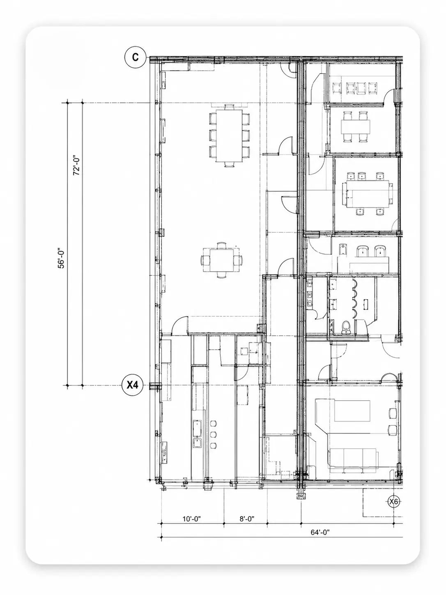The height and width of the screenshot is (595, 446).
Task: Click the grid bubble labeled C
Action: point(135,57)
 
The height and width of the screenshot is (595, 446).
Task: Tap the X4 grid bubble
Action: point(132,385)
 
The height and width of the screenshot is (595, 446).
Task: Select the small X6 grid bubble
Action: point(393,502)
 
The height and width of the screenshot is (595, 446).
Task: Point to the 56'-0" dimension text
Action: point(61,258)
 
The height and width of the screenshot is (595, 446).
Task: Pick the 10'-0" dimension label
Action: point(192,519)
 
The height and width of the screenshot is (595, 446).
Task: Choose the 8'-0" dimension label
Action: point(247,519)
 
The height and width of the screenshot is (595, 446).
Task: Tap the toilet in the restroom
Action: point(345,327)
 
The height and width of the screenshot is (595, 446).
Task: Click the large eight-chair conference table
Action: point(229,135)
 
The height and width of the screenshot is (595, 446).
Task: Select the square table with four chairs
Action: point(221,260)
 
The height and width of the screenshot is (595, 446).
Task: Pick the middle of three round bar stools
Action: point(214,434)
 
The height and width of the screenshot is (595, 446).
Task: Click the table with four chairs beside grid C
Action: point(356,127)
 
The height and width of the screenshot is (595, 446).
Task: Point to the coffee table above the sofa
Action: point(352,411)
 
